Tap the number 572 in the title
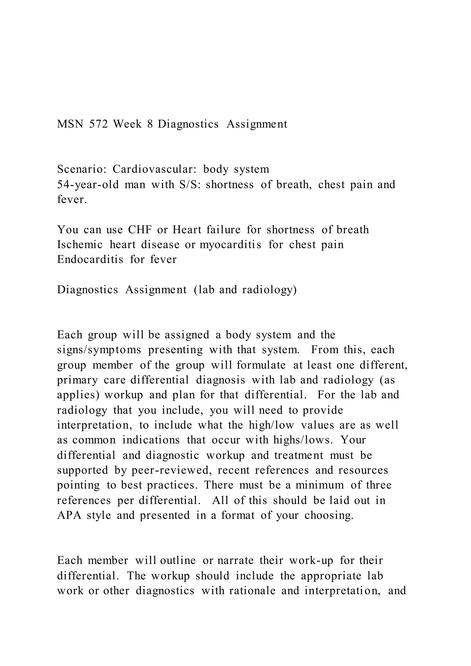click(99, 124)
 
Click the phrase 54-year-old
click(88, 184)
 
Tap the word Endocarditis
click(90, 259)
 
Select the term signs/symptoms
click(99, 350)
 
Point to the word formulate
click(261, 365)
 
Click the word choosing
click(329, 515)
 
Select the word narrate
click(235, 560)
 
